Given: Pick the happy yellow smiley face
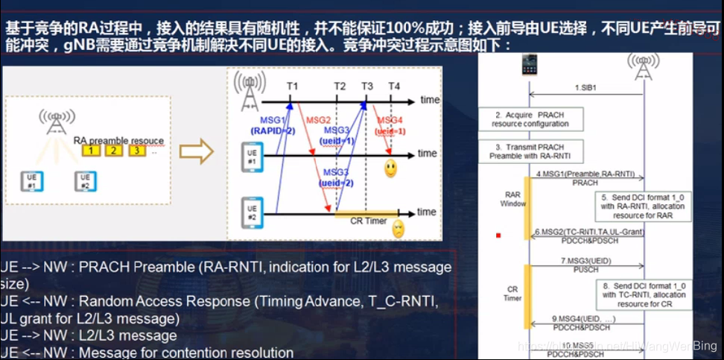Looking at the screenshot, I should tap(390, 168).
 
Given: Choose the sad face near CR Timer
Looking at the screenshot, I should tap(398, 228).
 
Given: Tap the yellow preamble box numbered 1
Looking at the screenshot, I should tap(91, 151).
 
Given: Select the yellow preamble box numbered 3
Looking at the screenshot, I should tap(137, 151).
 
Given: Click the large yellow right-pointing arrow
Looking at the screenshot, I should tap(197, 153).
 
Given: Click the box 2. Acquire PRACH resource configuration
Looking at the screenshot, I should tap(530, 119).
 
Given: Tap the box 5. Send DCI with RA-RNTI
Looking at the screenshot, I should tap(644, 206).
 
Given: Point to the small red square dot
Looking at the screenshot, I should tap(498, 236).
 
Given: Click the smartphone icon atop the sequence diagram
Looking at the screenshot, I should tap(529, 66).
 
